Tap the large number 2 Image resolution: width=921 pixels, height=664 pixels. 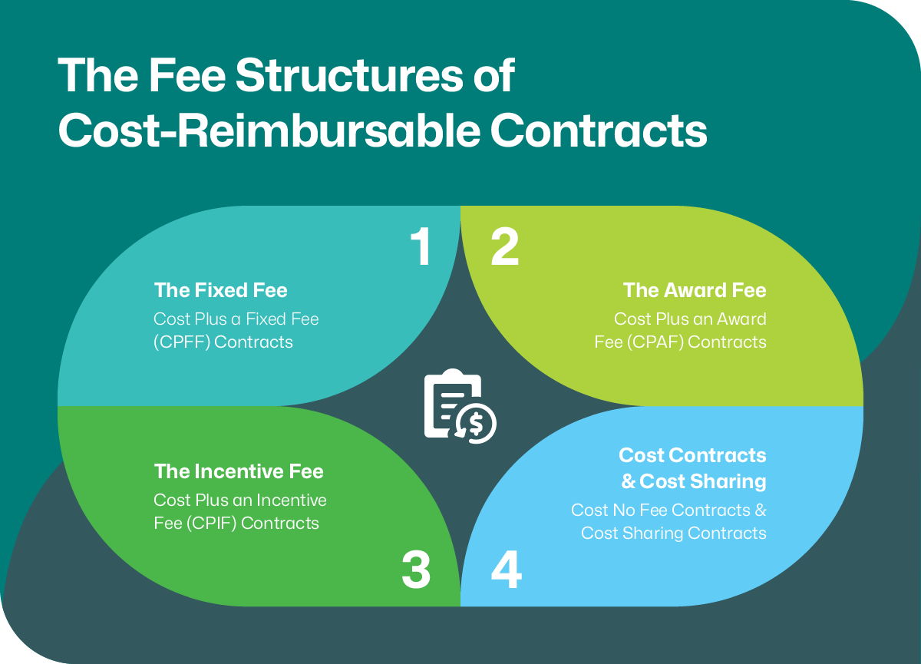[x=505, y=247]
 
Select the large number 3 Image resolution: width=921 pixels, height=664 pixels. [x=416, y=571]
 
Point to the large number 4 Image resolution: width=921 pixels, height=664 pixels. [x=506, y=571]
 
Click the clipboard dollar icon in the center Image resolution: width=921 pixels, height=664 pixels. [x=460, y=407]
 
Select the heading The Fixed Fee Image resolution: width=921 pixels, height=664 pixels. [x=220, y=290]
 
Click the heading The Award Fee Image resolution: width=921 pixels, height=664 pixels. [x=694, y=290]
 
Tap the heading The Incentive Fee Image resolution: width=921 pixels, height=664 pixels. [x=239, y=471]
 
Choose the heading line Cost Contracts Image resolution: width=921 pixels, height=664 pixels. [x=692, y=455]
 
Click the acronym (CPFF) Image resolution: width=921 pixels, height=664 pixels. [x=181, y=342]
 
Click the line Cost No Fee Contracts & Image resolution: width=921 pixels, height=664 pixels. [x=668, y=510]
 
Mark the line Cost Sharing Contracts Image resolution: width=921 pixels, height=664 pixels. [x=673, y=533]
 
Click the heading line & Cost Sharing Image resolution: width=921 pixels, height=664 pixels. [x=693, y=481]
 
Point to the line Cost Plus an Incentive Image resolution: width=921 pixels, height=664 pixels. [x=240, y=500]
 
